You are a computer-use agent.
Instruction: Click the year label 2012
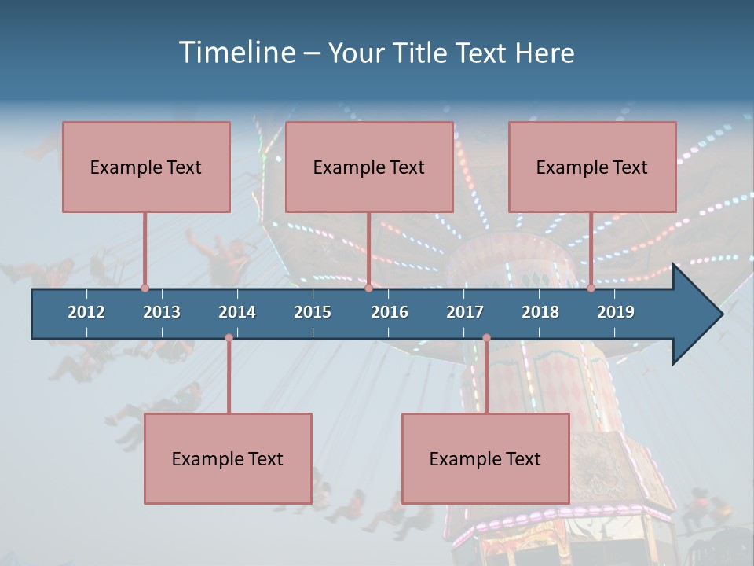tap(86, 312)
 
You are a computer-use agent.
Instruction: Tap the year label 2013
tap(162, 312)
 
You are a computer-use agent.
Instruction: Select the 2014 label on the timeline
tap(237, 312)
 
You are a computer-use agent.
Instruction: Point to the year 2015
tap(313, 312)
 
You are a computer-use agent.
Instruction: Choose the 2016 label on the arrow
tap(390, 312)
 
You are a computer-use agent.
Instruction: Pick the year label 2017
tap(465, 312)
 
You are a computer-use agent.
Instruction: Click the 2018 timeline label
tap(540, 312)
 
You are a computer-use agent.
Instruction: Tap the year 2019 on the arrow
tap(616, 312)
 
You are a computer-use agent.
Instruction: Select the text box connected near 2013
tap(146, 167)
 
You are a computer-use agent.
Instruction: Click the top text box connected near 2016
tap(369, 167)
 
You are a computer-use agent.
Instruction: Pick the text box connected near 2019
tap(592, 167)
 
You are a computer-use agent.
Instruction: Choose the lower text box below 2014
tap(228, 458)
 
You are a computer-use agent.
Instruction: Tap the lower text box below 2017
tap(485, 458)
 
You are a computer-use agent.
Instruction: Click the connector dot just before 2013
tap(145, 289)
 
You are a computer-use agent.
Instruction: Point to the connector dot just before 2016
tap(368, 289)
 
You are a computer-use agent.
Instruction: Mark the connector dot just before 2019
tap(591, 289)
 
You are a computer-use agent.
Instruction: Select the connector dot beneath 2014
tap(229, 338)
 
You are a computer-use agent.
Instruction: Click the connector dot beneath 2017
tap(486, 338)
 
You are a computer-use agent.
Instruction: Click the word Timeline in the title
tap(236, 53)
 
